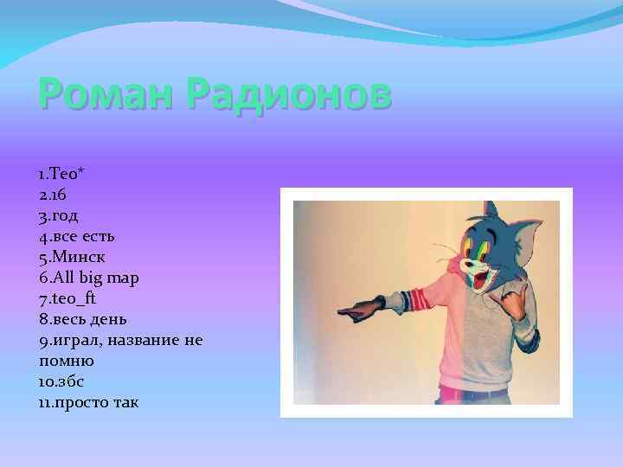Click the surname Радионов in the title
[x=289, y=93]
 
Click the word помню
[x=66, y=361]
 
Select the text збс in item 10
[x=72, y=381]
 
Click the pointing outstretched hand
[x=356, y=308]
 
